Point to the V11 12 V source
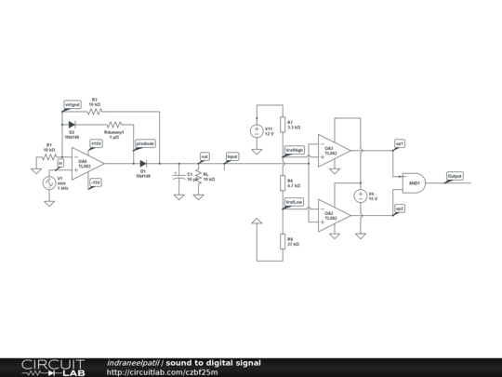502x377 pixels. point(257,131)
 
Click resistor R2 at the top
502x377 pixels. point(94,111)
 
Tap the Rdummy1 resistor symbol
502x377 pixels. point(114,124)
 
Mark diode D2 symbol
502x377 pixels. point(71,124)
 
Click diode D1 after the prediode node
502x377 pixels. point(143,163)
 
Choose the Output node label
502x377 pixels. point(455,175)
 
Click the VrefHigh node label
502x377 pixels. point(294,150)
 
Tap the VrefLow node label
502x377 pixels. point(293,201)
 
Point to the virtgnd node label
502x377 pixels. point(72,104)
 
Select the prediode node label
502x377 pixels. point(145,143)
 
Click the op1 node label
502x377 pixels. point(399,143)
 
